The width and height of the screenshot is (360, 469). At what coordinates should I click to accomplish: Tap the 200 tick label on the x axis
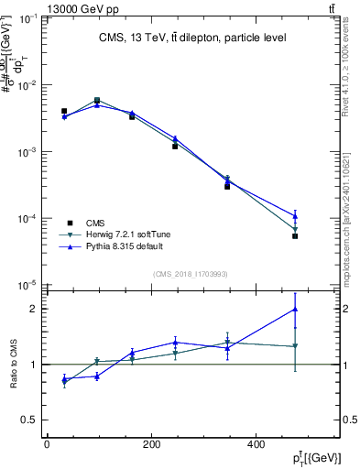click(177, 445)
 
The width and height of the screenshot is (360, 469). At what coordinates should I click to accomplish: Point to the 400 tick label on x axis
click(308, 445)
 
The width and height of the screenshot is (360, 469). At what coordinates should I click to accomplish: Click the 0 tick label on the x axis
click(47, 445)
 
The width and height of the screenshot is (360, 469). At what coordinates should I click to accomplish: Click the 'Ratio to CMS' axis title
click(14, 364)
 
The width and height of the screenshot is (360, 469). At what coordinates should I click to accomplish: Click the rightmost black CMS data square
click(295, 236)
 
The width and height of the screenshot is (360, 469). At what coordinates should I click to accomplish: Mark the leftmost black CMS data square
click(64, 111)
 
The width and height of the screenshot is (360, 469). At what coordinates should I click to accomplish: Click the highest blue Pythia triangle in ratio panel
click(295, 309)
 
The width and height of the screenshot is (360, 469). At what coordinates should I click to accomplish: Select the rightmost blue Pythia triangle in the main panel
click(295, 216)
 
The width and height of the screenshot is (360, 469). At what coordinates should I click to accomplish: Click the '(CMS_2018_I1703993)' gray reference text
click(191, 274)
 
